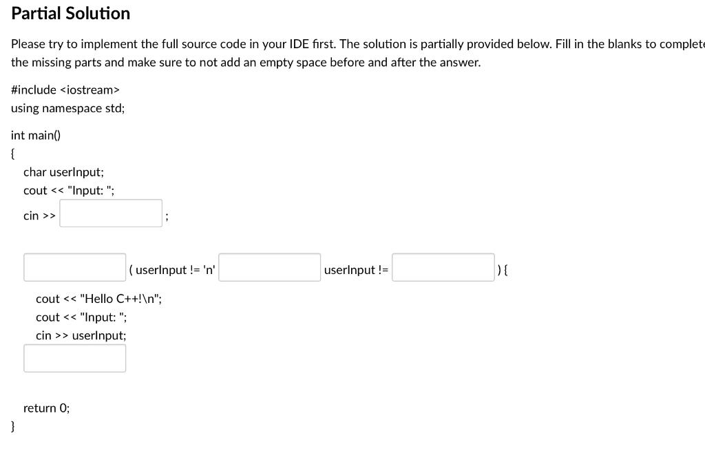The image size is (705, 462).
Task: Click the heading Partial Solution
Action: pos(70,14)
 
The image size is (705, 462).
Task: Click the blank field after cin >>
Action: pos(111,213)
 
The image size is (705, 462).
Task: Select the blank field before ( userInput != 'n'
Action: pos(74,267)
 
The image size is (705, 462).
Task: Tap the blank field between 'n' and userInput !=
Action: pos(270,267)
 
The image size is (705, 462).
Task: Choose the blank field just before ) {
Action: pos(443,267)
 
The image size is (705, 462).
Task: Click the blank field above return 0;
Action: pos(74,358)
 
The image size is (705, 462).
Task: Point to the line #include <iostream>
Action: pos(65,90)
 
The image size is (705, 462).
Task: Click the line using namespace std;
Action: pos(67,108)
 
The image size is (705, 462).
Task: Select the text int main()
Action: pos(36,136)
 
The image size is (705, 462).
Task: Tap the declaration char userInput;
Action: pos(63,172)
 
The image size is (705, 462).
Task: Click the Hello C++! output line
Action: pos(98,299)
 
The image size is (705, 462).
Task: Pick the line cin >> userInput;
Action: pos(81,335)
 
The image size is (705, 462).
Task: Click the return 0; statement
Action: pos(46,408)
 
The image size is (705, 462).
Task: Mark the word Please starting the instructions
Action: pos(28,44)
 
